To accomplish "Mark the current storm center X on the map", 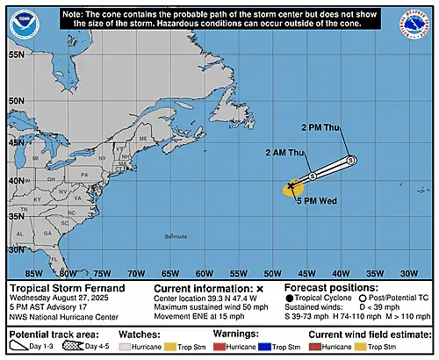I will click(291, 187).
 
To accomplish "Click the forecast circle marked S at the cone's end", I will click(350, 161).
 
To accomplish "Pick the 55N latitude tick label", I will click(16, 54).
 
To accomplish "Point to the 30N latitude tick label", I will click(16, 249).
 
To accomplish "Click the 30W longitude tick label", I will click(408, 274).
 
